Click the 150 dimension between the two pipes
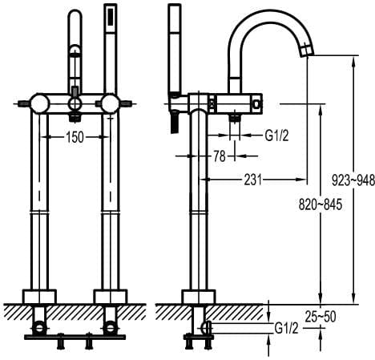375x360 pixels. point(74,137)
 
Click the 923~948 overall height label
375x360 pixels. point(356,181)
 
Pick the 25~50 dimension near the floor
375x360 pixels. point(320,317)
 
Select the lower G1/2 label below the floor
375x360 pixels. point(288,328)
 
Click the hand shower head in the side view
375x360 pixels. point(172,44)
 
